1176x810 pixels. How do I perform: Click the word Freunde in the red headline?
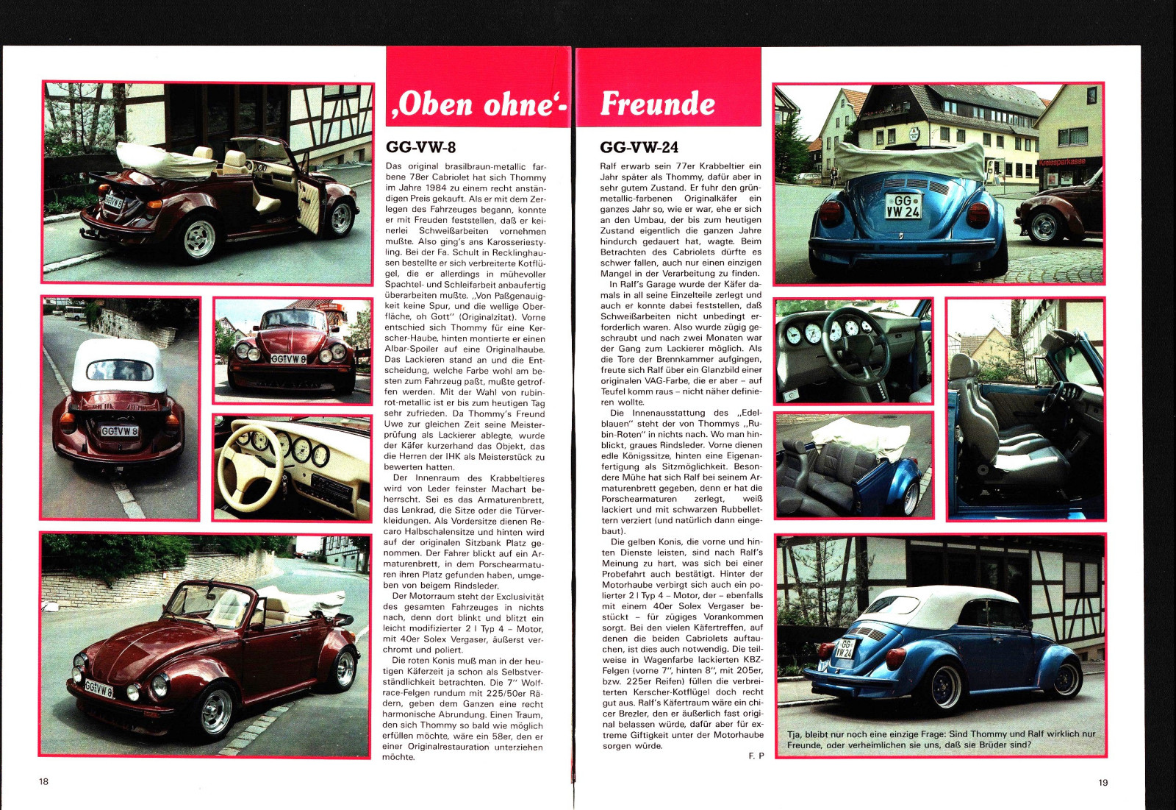coord(657,104)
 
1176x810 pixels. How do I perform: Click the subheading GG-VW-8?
coord(420,147)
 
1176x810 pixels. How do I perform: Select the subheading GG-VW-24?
coord(639,147)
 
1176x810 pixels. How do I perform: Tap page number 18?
coord(43,781)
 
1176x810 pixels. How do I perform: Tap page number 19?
coord(1102,782)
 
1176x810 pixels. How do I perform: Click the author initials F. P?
coord(756,756)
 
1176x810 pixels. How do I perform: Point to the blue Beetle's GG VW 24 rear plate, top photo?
coord(903,206)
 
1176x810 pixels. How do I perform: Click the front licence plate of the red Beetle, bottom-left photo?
coord(99,689)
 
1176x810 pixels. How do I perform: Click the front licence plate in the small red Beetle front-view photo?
coord(289,359)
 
